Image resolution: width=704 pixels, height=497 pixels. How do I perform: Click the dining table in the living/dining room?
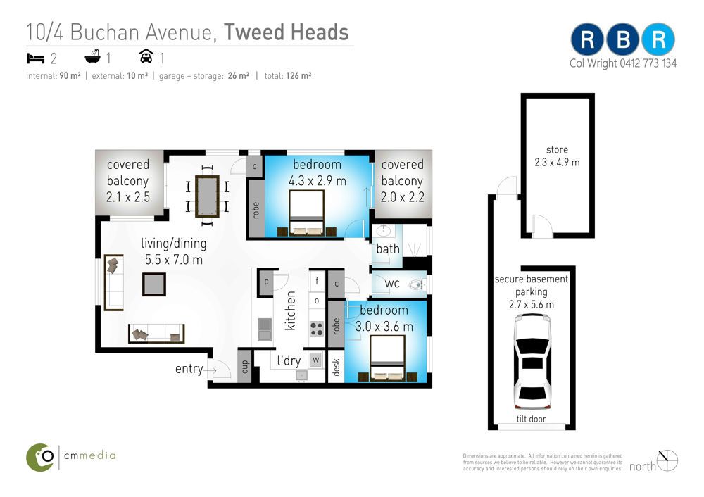point(207,196)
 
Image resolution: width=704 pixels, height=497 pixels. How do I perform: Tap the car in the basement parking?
point(532,361)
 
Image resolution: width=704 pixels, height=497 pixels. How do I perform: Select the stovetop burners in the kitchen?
point(317,329)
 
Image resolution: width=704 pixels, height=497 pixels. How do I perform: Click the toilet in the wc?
point(417,284)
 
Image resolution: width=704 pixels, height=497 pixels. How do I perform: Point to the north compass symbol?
point(667,460)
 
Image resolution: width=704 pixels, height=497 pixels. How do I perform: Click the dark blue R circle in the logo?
point(587,39)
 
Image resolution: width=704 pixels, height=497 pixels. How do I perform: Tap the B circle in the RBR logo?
point(623,39)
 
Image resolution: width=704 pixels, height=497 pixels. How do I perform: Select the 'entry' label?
point(189,369)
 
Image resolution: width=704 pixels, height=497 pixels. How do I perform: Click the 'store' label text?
point(557,149)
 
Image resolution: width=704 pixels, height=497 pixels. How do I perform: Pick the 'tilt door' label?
point(531,419)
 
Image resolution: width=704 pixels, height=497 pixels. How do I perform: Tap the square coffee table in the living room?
point(154,284)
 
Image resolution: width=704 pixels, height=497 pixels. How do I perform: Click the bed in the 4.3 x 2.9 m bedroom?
point(307,213)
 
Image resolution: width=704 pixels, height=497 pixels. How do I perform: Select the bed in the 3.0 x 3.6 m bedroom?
point(388,358)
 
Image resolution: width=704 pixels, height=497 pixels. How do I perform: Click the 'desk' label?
point(337,367)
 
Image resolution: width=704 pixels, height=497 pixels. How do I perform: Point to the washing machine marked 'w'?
point(316,360)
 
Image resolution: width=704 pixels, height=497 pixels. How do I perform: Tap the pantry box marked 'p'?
point(266,282)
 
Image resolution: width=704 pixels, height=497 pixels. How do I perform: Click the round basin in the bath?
point(384,231)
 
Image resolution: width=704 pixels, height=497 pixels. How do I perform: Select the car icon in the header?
point(146,56)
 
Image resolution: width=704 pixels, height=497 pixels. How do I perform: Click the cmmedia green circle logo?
point(40,458)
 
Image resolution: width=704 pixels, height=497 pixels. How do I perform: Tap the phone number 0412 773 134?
point(648,63)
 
